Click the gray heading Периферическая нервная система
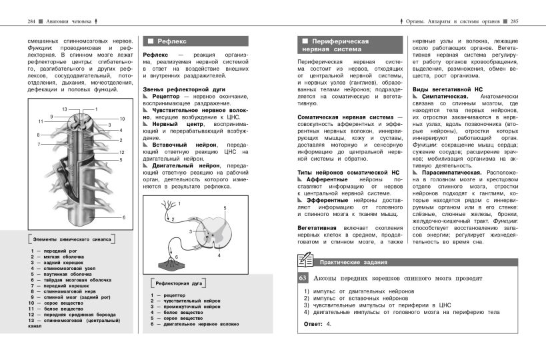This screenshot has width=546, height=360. point(335,45)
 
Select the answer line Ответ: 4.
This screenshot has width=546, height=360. point(317,323)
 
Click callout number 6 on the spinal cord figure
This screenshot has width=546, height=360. point(123,217)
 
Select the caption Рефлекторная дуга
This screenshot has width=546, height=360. point(179,283)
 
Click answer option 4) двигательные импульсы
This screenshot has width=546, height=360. point(400,311)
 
